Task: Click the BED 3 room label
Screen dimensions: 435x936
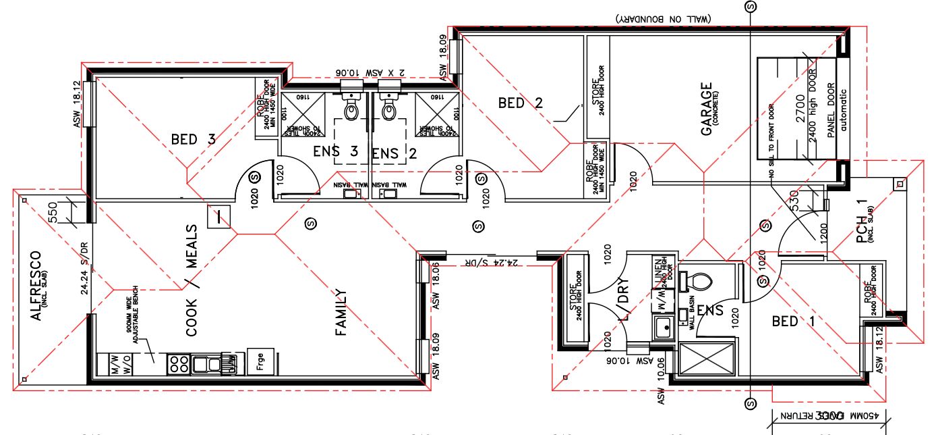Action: coord(193,140)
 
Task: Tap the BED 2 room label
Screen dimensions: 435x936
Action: coord(520,103)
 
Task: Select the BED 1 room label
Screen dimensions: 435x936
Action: coord(793,322)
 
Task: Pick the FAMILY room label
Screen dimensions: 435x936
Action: coord(341,312)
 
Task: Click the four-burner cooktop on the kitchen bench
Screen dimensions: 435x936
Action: coord(179,364)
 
